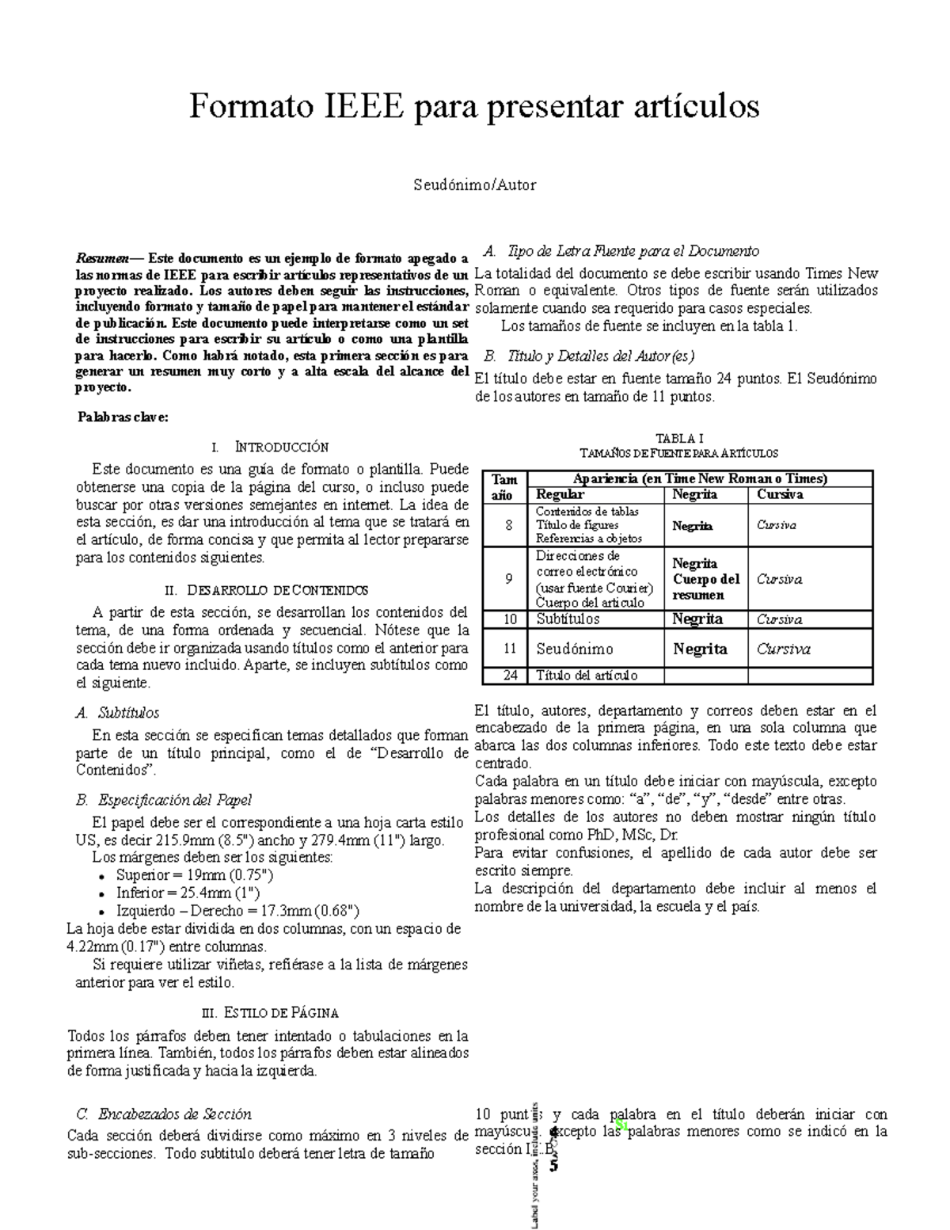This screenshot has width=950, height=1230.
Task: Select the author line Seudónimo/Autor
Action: [x=474, y=185]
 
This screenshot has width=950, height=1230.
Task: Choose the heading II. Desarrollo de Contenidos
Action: [x=266, y=591]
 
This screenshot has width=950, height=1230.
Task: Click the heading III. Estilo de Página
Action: [x=271, y=1013]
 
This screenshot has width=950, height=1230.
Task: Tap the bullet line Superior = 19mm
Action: [x=195, y=875]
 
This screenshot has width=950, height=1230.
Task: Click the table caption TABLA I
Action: [x=679, y=438]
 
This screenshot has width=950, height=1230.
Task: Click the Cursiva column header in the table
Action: [x=780, y=495]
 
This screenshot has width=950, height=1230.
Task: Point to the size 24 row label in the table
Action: [x=509, y=676]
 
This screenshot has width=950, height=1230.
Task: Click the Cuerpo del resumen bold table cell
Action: [x=706, y=587]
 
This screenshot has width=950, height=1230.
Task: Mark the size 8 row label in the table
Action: [x=509, y=525]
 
